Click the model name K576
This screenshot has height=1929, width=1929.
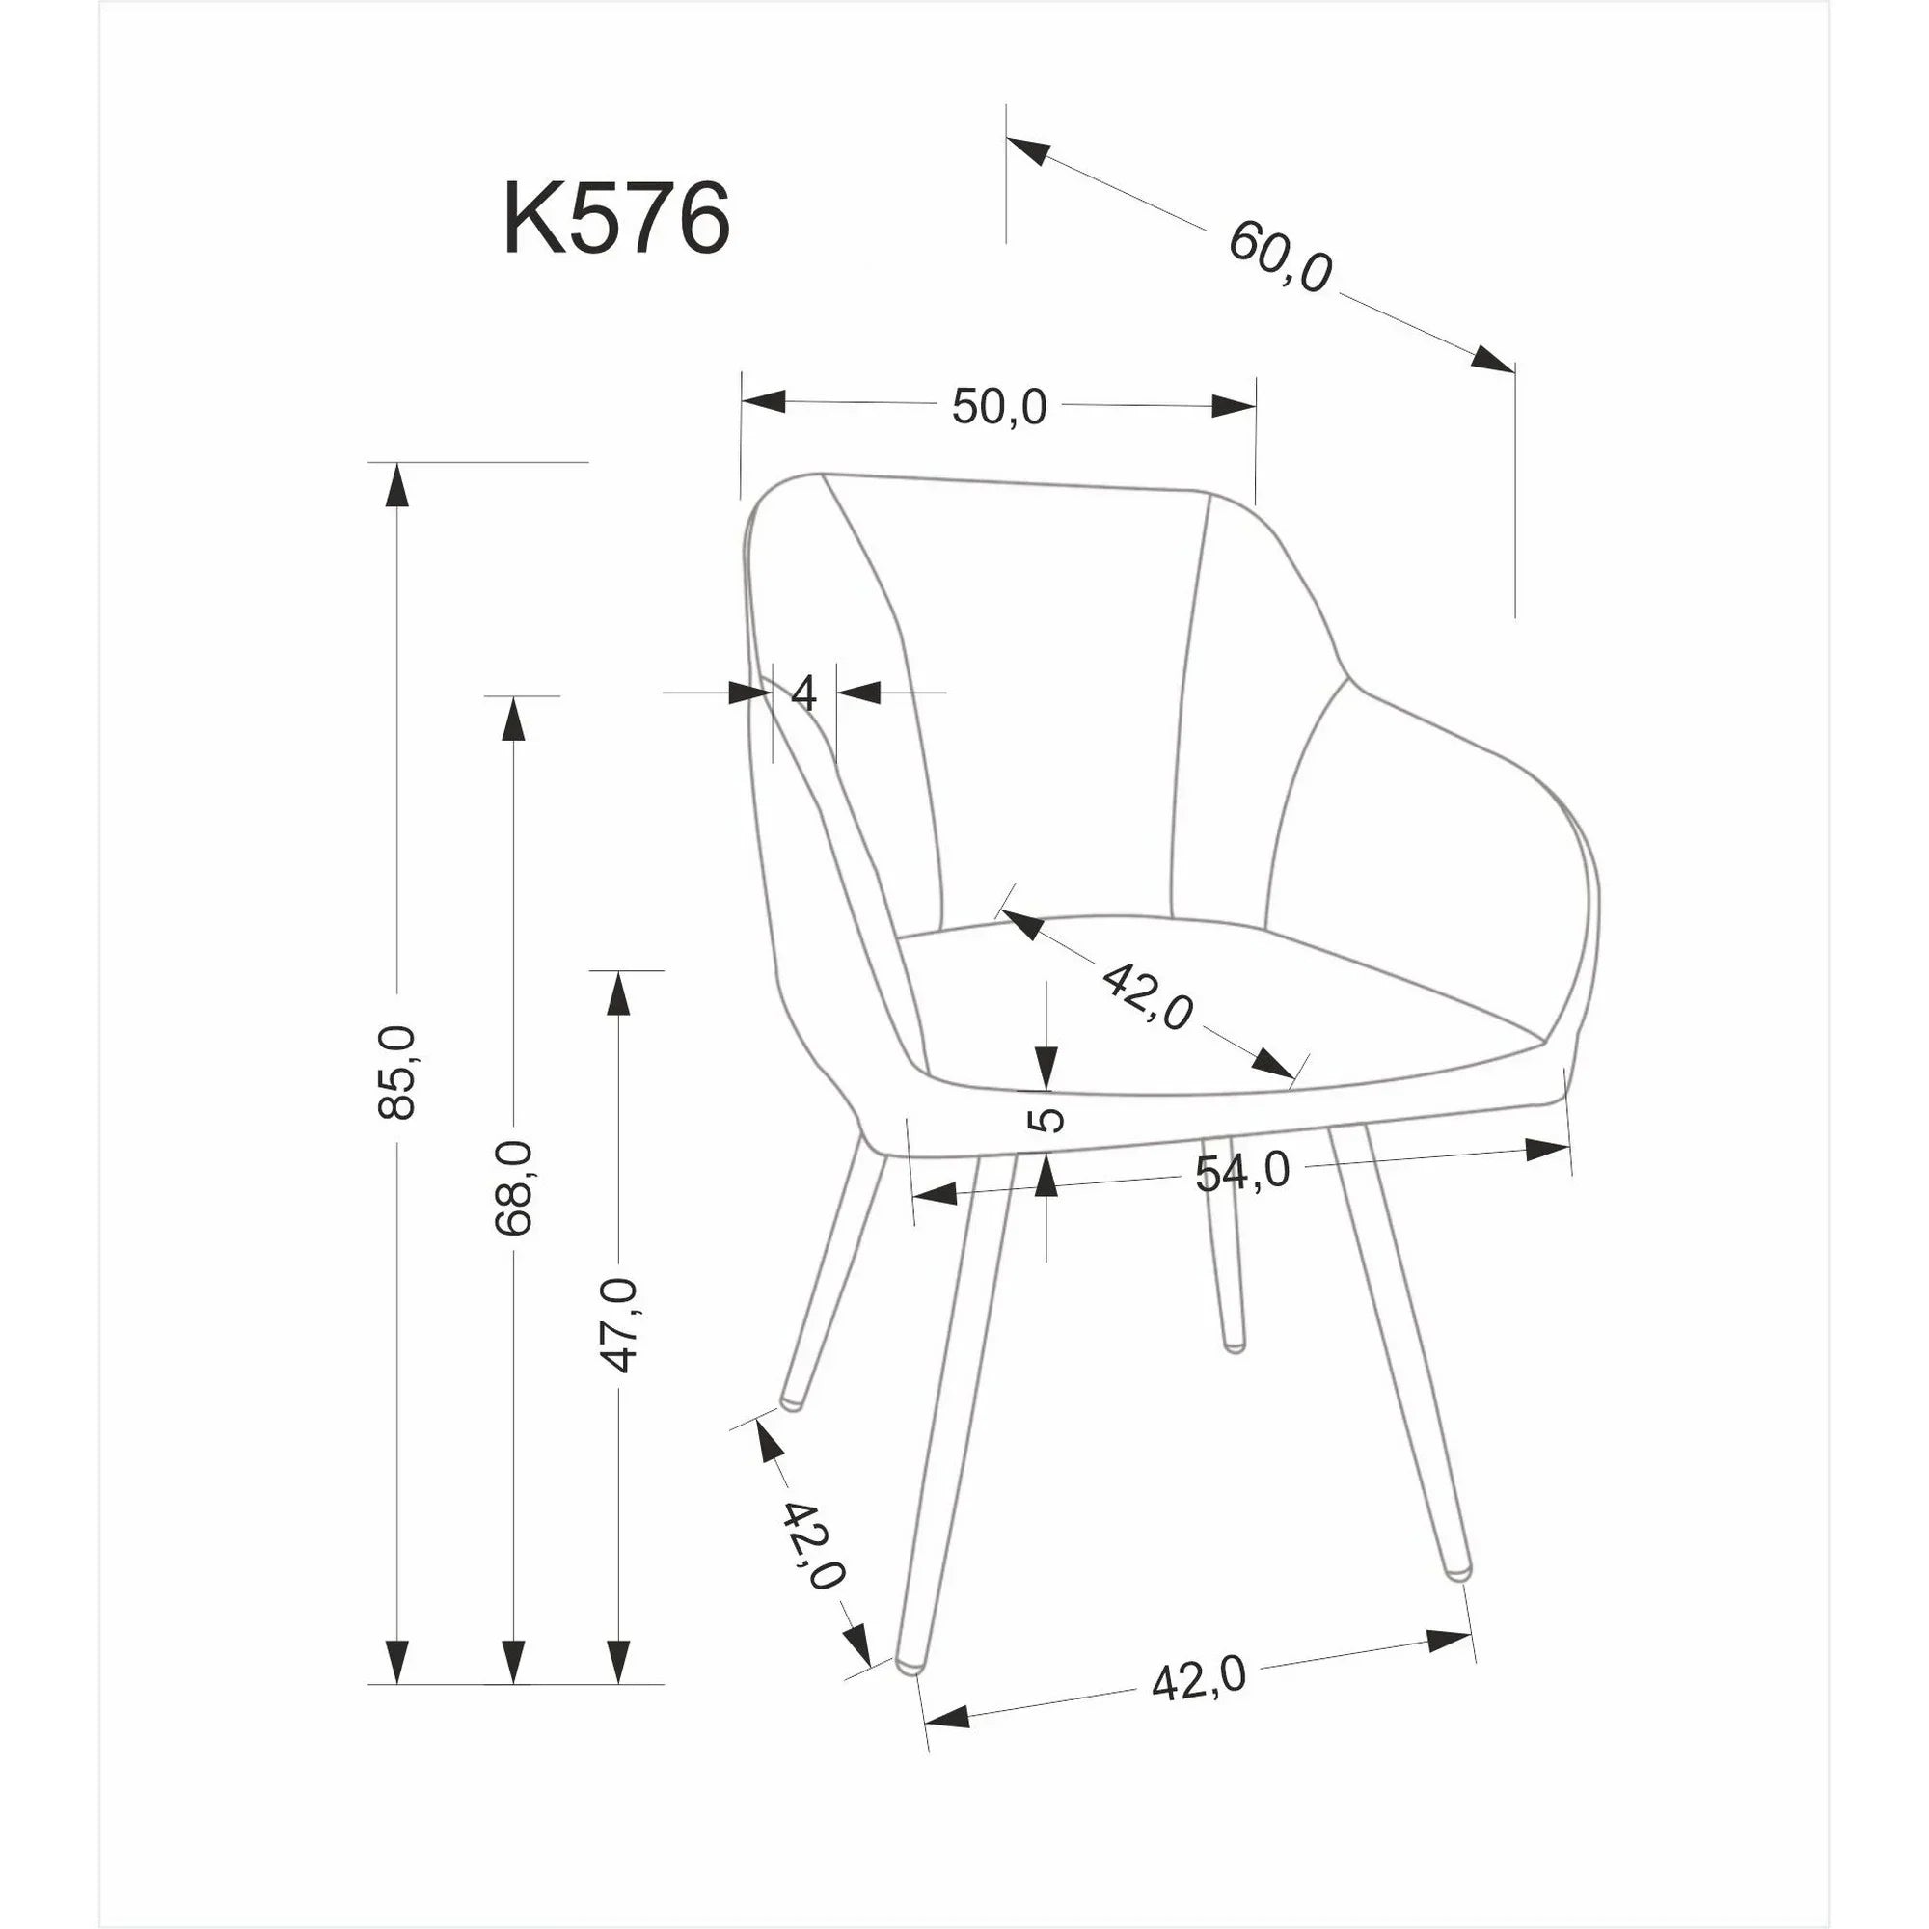tap(616, 219)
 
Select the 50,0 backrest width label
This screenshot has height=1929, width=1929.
tap(998, 406)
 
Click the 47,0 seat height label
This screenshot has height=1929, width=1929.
tap(622, 1323)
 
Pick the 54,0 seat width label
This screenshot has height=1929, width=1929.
tap(1242, 1172)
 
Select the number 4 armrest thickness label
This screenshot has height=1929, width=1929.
tap(803, 692)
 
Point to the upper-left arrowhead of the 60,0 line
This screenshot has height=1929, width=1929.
tap(1028, 150)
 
